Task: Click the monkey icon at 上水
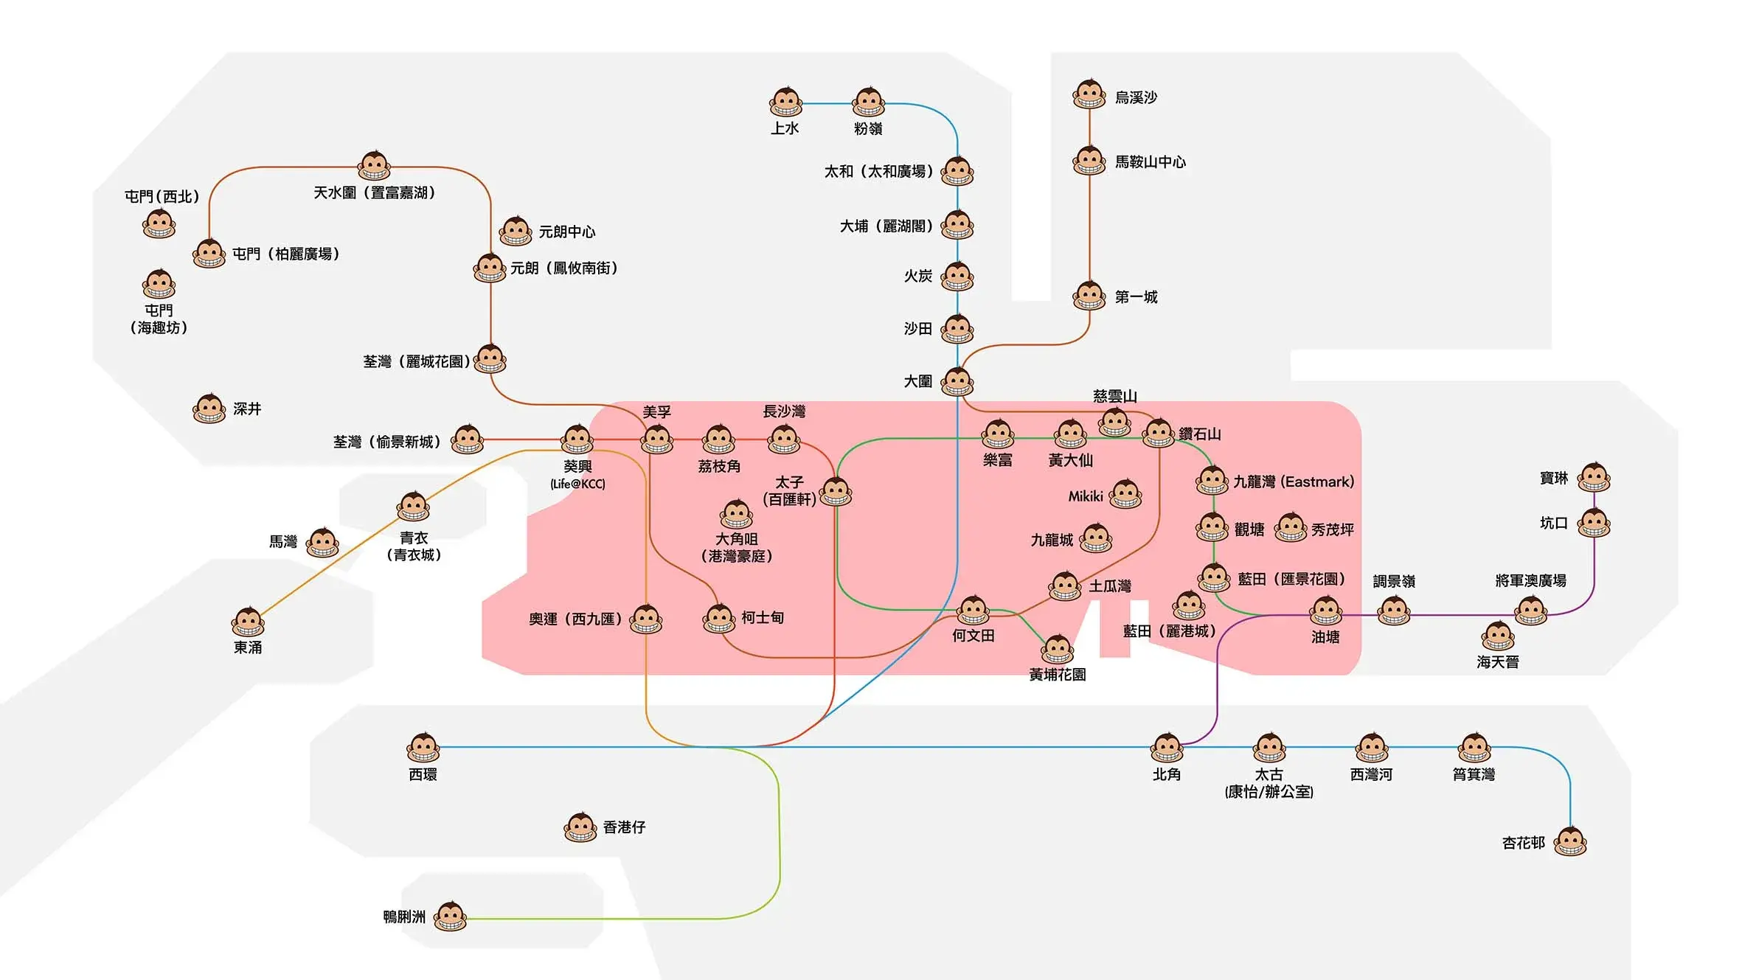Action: click(x=785, y=102)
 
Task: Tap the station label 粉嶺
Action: click(x=868, y=128)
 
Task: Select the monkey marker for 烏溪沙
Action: click(x=1089, y=94)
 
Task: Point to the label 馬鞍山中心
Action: click(x=1150, y=162)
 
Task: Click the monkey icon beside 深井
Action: click(x=209, y=409)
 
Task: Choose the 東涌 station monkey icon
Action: click(x=248, y=622)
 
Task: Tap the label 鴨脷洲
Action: click(x=404, y=917)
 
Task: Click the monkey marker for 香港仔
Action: click(x=580, y=827)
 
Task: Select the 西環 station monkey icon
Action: click(x=423, y=748)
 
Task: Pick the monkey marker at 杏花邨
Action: click(x=1570, y=841)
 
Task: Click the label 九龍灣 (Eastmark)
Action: click(x=1294, y=482)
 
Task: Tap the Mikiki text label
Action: click(x=1086, y=496)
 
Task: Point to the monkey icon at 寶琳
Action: click(x=1594, y=478)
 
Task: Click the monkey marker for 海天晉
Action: click(x=1498, y=636)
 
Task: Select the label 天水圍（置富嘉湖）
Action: click(x=374, y=192)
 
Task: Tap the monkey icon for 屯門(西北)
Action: click(x=159, y=224)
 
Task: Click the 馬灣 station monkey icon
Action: click(x=323, y=543)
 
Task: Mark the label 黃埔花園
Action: click(x=1057, y=675)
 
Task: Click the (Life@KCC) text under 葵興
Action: click(x=577, y=484)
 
